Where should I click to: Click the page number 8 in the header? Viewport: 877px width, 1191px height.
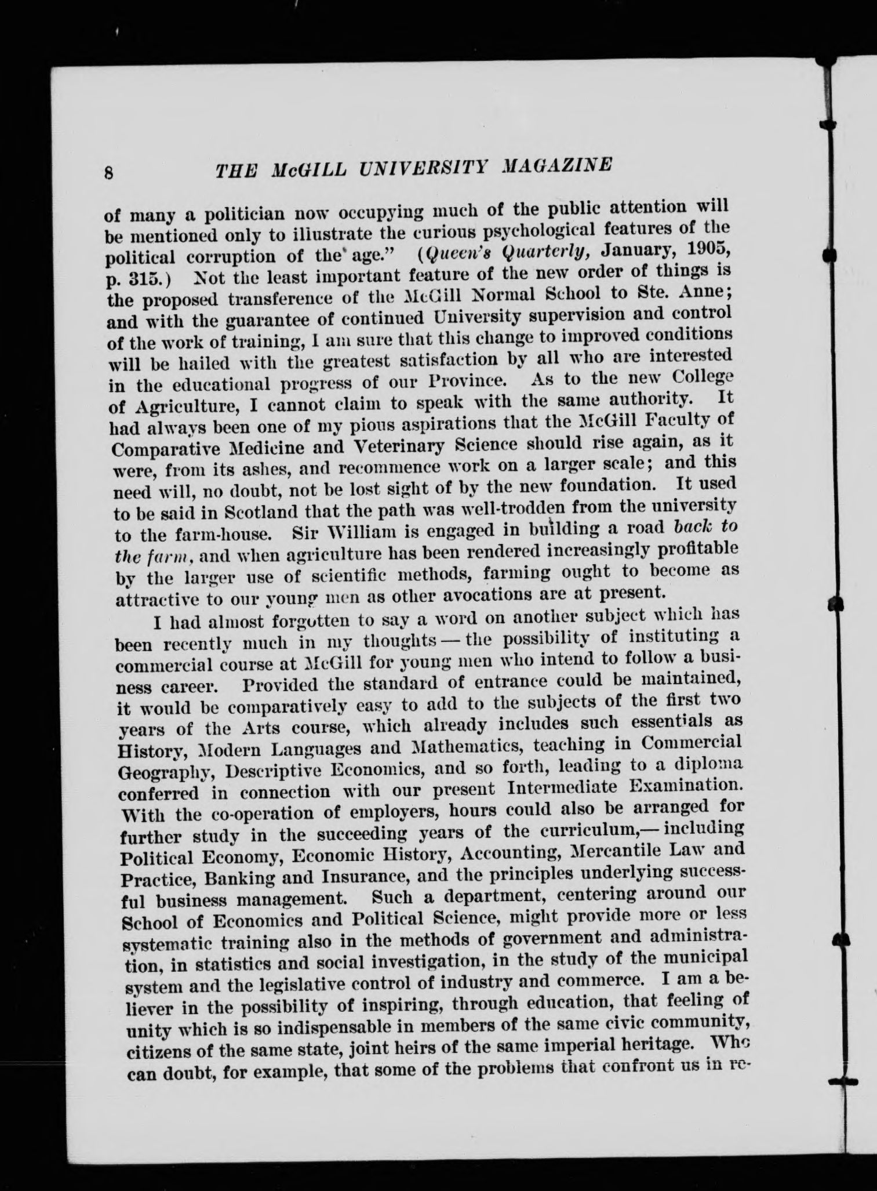[108, 173]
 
